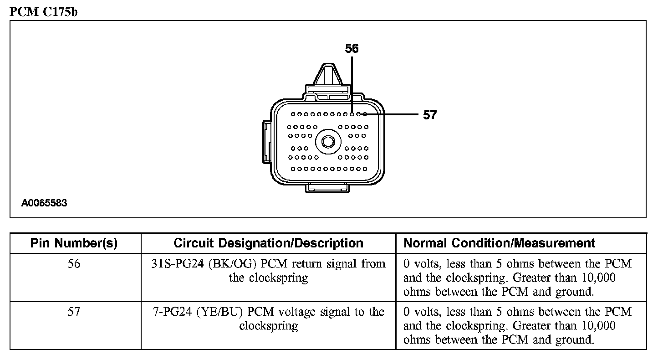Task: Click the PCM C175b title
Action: click(44, 12)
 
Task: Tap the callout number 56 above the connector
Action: click(352, 48)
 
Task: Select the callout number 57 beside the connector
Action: click(429, 115)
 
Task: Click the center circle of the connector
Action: click(328, 141)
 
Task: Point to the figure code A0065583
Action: click(44, 203)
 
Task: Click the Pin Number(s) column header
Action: click(74, 243)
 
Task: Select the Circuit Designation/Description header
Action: click(268, 243)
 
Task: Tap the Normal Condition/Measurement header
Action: click(500, 243)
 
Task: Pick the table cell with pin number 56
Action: click(74, 264)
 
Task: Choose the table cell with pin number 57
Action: click(74, 312)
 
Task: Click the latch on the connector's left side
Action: click(267, 141)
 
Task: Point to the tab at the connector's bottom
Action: click(328, 187)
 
